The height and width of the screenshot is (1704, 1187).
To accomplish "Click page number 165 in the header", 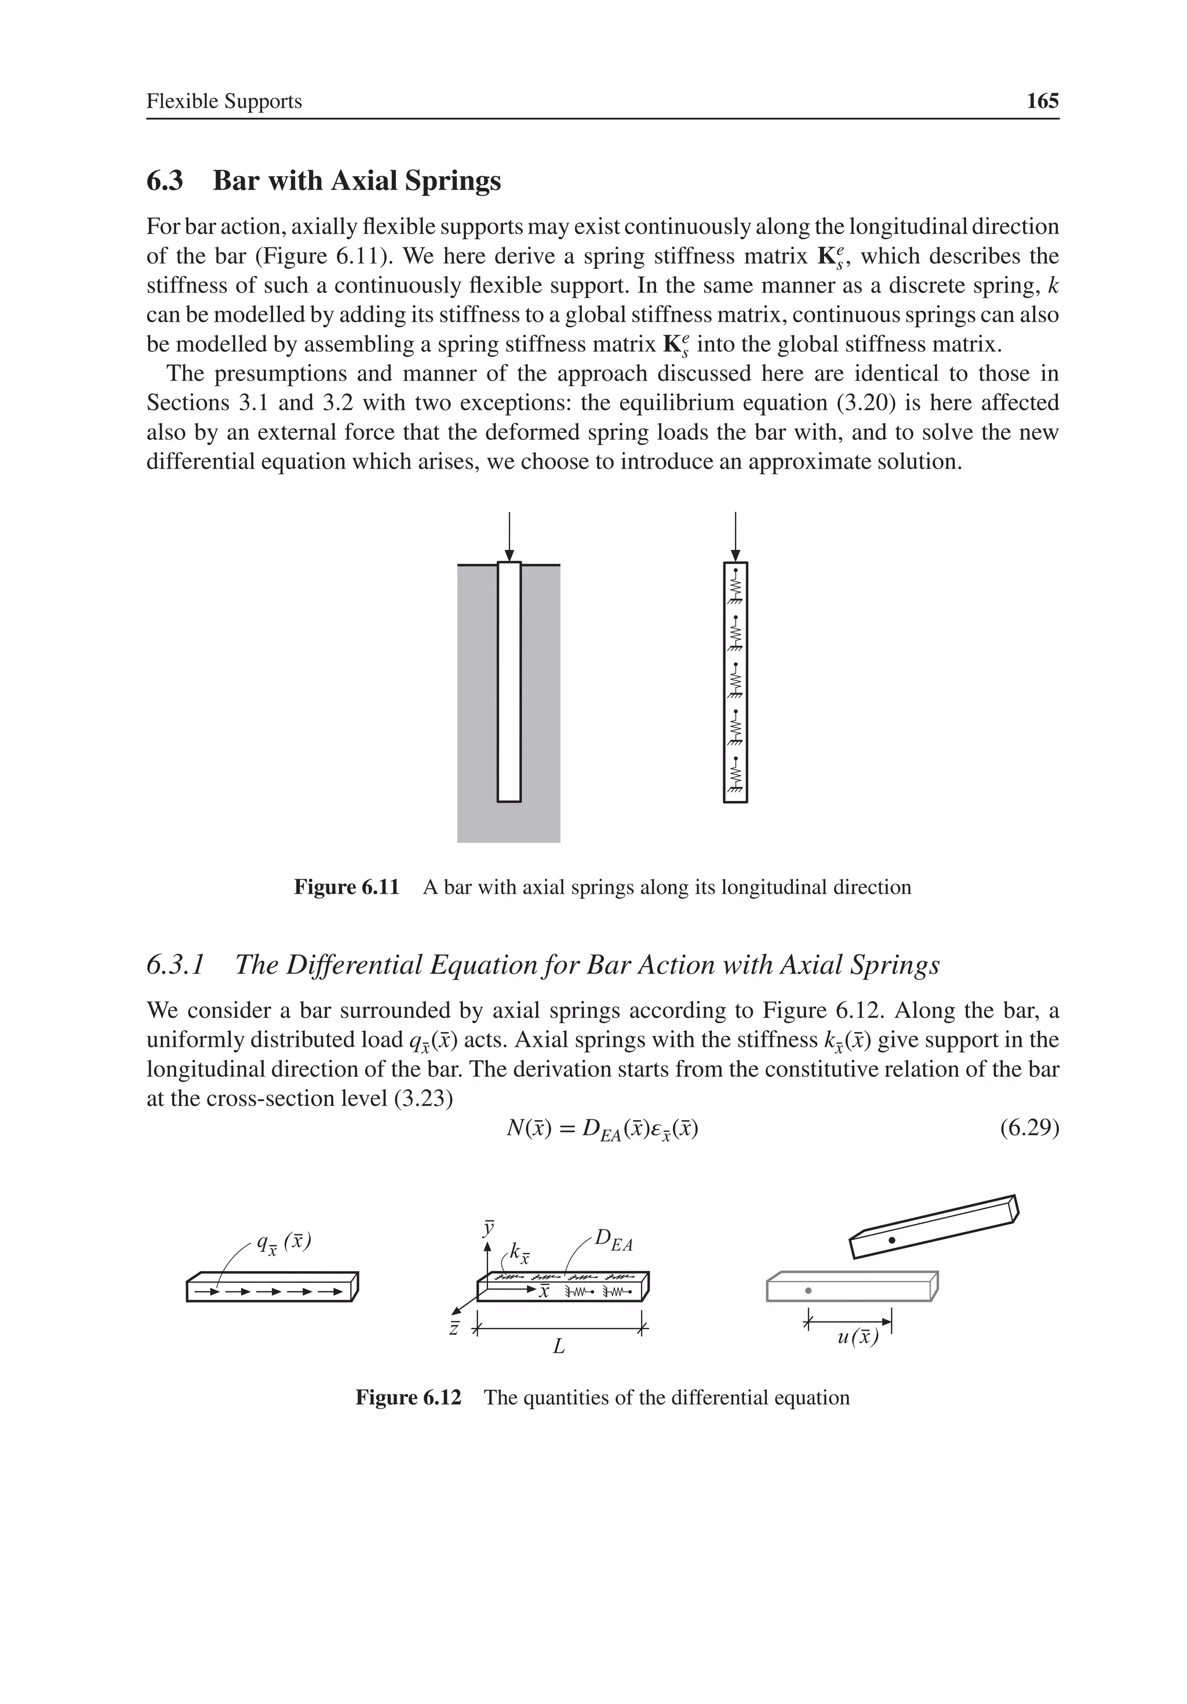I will (x=1042, y=101).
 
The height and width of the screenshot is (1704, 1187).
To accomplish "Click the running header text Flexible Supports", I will (x=224, y=101).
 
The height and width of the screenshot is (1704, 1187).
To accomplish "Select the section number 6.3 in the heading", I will (x=165, y=180).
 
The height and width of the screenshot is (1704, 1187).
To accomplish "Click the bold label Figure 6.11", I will (x=347, y=887).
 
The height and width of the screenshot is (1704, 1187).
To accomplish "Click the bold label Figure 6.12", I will (x=408, y=1397).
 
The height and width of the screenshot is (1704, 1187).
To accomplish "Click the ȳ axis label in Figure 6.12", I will (x=487, y=1228).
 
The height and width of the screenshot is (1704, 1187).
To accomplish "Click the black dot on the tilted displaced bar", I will (x=893, y=1240).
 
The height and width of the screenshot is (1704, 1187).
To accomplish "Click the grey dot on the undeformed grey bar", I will (x=809, y=1291).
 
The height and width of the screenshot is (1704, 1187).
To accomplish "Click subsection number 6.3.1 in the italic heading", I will (x=174, y=965).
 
